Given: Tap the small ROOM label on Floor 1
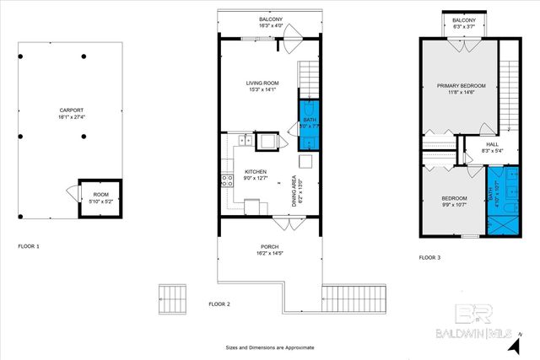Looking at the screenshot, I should pyautogui.click(x=100, y=195).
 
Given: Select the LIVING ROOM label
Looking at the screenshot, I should pyautogui.click(x=262, y=83).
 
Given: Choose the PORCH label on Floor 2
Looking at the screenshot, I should pyautogui.click(x=269, y=247).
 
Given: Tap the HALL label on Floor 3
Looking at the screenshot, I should pyautogui.click(x=493, y=144).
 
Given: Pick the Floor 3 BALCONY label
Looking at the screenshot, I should pyautogui.click(x=464, y=19).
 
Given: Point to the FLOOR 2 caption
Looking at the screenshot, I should pyautogui.click(x=219, y=304).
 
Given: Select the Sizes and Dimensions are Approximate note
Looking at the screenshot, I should pyautogui.click(x=269, y=347).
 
